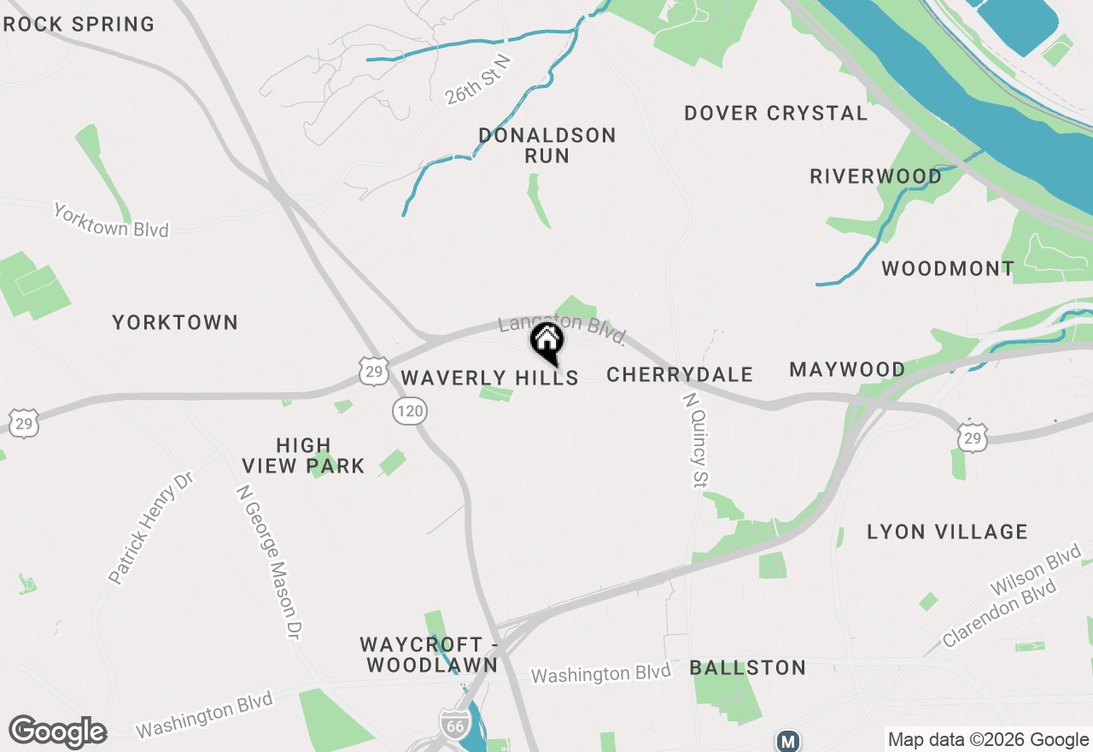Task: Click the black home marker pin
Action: [x=546, y=343]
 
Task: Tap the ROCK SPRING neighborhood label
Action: [x=79, y=24]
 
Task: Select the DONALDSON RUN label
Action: [x=546, y=145]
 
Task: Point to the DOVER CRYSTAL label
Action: [x=775, y=113]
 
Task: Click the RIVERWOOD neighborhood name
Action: [x=875, y=176]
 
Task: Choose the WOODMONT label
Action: [x=947, y=268]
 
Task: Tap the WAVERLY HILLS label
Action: [x=489, y=378]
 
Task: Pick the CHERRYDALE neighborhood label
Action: [x=680, y=374]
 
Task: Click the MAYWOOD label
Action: [x=847, y=369]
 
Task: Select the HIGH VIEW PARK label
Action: [x=303, y=455]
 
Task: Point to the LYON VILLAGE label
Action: [x=947, y=532]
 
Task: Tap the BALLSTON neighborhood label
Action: [x=747, y=667]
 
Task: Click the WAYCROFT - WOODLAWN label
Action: [x=429, y=655]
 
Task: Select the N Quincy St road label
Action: [x=696, y=440]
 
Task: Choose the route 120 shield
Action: [x=410, y=412]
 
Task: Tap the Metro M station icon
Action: [x=787, y=740]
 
